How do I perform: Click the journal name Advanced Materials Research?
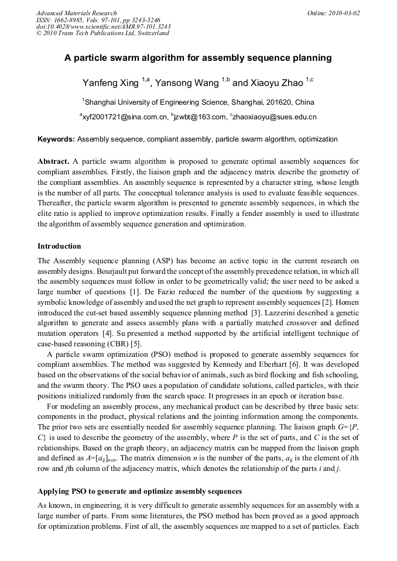pyautogui.click(x=76, y=13)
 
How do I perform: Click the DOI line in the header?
pyautogui.click(x=103, y=27)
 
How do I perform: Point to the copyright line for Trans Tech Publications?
pyautogui.click(x=102, y=33)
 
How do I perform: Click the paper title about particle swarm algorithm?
pyautogui.click(x=198, y=58)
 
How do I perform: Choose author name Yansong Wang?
pyautogui.click(x=187, y=83)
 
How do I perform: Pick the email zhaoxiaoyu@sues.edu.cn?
pyautogui.click(x=275, y=117)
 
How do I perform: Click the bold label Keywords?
pyautogui.click(x=56, y=139)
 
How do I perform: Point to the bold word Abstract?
pyautogui.click(x=53, y=161)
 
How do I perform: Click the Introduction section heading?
pyautogui.click(x=59, y=246)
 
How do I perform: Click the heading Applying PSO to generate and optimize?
pyautogui.click(x=139, y=490)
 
